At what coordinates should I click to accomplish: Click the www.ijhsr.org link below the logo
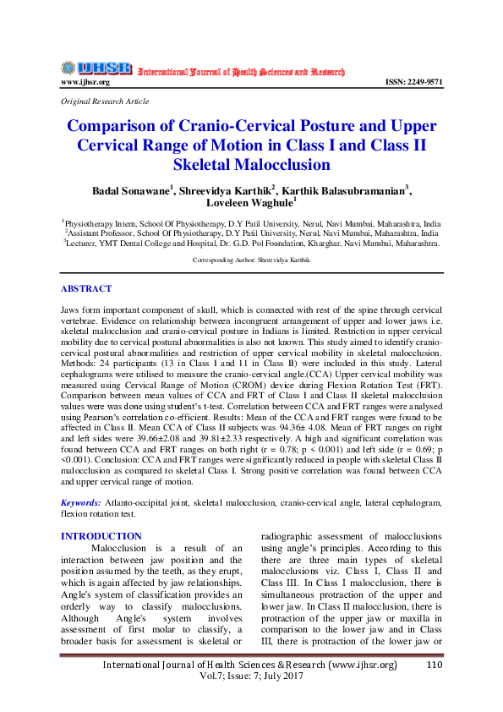click(85, 82)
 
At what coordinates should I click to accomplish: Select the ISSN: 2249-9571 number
click(413, 82)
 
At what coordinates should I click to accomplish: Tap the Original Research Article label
click(105, 101)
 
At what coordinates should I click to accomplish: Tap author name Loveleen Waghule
click(249, 203)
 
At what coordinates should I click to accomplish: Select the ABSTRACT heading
click(86, 289)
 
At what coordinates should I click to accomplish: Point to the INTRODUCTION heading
click(101, 536)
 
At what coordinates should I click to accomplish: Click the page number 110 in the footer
click(435, 665)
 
